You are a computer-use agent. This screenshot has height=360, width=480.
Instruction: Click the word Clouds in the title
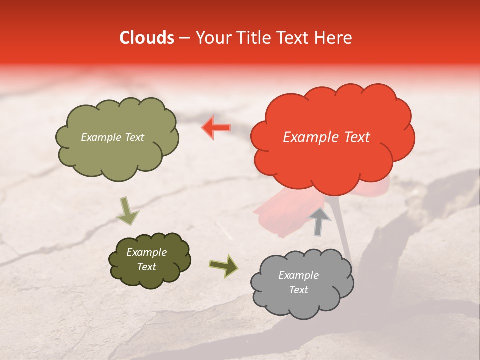point(147,38)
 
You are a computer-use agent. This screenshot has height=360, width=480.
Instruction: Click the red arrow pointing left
point(216,127)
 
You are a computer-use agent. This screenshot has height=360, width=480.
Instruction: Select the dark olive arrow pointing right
point(223,266)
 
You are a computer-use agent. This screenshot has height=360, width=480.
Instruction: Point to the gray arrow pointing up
point(319,221)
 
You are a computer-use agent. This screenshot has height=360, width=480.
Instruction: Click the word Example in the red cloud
point(312,137)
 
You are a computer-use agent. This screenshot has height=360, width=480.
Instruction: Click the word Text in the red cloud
point(356,137)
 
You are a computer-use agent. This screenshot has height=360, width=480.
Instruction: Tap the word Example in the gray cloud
point(298,275)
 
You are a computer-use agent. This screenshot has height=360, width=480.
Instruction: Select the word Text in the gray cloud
point(298,290)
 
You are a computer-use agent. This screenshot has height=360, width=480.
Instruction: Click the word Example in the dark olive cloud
point(146,252)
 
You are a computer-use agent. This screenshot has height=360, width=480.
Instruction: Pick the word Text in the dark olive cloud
point(146,267)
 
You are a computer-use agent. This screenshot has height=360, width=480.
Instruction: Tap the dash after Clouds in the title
point(184,38)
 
